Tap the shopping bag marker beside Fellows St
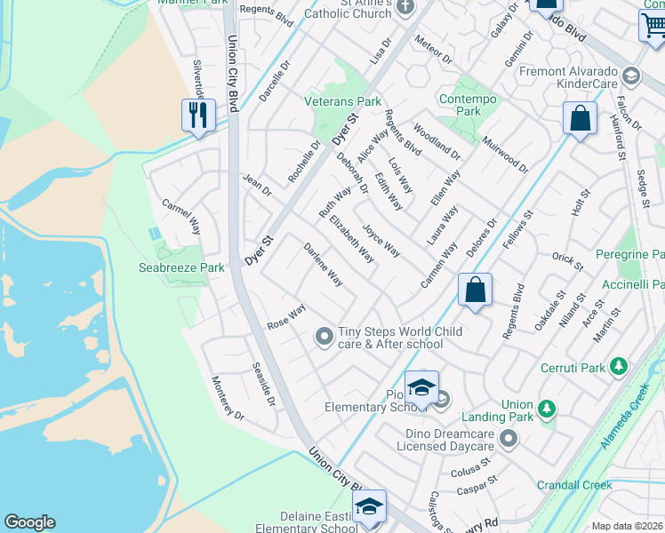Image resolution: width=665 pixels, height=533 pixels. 579,119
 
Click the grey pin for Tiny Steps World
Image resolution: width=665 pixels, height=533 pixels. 324,336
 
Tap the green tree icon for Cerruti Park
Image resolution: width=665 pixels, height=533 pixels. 620,366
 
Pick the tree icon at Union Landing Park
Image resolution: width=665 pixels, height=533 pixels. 548,408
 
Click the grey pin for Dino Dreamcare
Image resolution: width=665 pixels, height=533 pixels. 508,437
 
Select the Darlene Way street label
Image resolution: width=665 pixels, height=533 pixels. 324,264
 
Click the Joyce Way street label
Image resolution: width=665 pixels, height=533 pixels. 381,238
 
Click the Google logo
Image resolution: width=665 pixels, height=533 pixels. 29,522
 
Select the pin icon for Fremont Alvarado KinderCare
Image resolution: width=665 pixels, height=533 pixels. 632,76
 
